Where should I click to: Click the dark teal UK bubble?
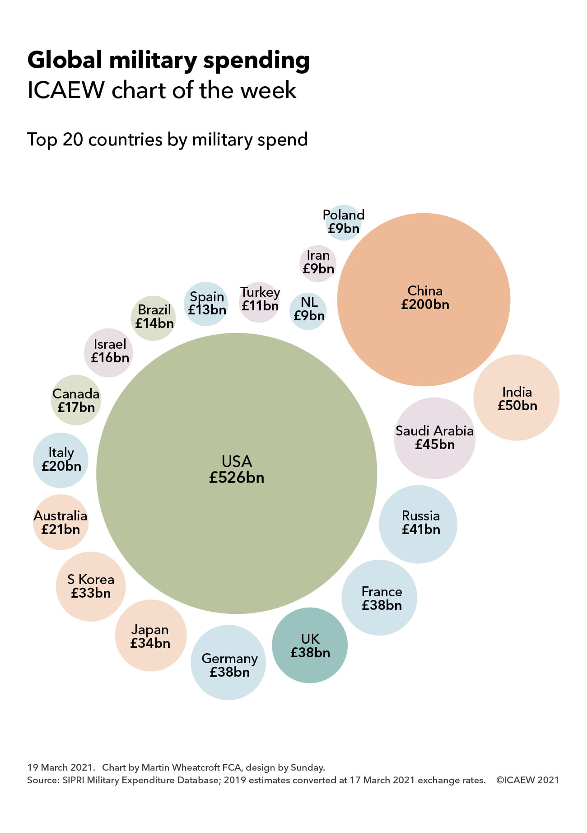click(x=310, y=645)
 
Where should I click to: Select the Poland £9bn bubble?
click(x=344, y=222)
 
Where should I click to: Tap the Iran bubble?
click(x=318, y=262)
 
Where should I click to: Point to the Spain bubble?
click(x=206, y=304)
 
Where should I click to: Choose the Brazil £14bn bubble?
click(x=154, y=318)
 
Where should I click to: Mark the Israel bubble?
click(x=109, y=352)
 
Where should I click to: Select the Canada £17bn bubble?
click(x=76, y=400)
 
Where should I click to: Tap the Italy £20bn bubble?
click(x=61, y=460)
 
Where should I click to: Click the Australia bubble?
click(x=61, y=522)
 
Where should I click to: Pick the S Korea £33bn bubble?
click(x=91, y=586)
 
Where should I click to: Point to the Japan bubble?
click(x=150, y=636)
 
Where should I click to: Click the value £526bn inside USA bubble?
click(x=237, y=478)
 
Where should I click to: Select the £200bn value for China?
click(x=425, y=304)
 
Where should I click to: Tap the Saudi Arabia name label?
click(x=434, y=431)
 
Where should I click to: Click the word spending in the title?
click(x=256, y=61)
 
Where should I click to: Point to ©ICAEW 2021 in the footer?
click(x=527, y=780)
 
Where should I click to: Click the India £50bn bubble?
click(x=516, y=398)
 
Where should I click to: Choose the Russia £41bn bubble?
click(x=418, y=524)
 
